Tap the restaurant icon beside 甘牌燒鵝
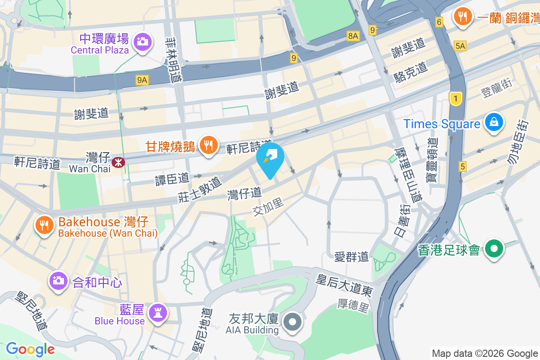[x=207, y=145]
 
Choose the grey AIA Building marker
[x=293, y=322]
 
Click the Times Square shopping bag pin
[x=494, y=122]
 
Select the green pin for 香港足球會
[x=494, y=248]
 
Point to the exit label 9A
[x=142, y=80]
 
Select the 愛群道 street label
[x=351, y=257]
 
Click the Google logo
[x=30, y=349]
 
